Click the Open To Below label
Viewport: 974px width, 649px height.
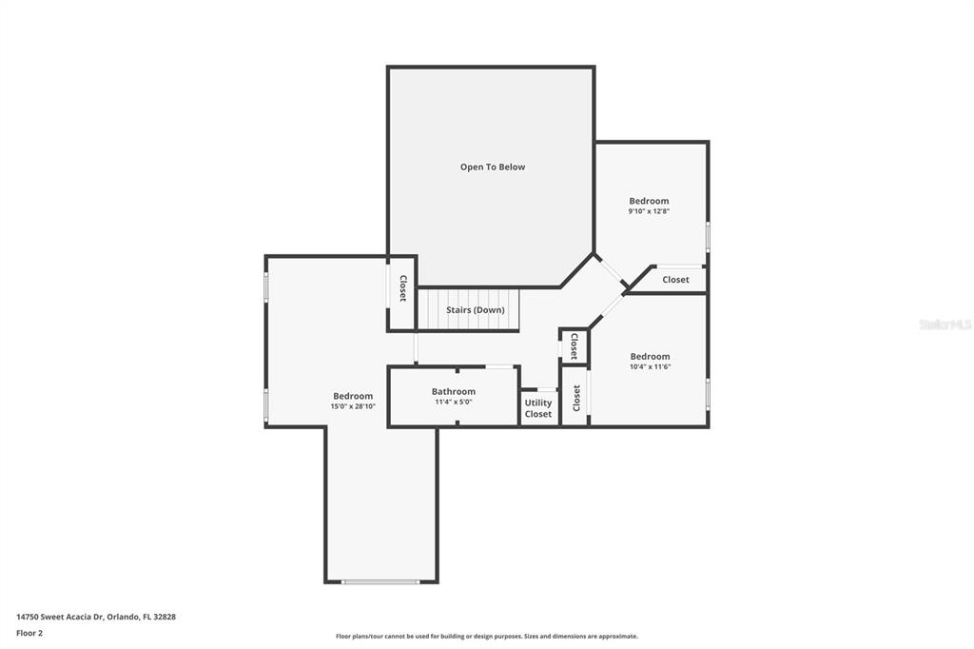pyautogui.click(x=493, y=167)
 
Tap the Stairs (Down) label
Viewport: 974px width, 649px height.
pyautogui.click(x=476, y=309)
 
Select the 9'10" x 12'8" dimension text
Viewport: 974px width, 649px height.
pyautogui.click(x=649, y=211)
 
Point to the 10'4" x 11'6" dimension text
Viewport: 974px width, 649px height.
pyautogui.click(x=650, y=366)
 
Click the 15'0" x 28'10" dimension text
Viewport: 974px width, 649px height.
pyautogui.click(x=353, y=406)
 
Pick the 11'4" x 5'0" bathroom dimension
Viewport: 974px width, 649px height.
pyautogui.click(x=454, y=403)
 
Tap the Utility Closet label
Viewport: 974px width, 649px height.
pyautogui.click(x=538, y=408)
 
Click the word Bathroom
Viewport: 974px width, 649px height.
pyautogui.click(x=454, y=392)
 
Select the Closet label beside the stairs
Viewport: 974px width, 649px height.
pyautogui.click(x=402, y=288)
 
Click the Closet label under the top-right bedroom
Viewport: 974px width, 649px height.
pyautogui.click(x=675, y=280)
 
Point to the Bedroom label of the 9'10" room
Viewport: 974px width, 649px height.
pyautogui.click(x=649, y=201)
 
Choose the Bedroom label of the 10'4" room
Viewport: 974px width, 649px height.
pyautogui.click(x=650, y=356)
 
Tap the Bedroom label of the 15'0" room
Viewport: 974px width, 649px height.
pyautogui.click(x=353, y=396)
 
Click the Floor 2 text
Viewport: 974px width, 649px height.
pyautogui.click(x=29, y=634)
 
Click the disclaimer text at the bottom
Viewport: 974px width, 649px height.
pyautogui.click(x=487, y=637)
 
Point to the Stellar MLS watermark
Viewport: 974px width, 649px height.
pyautogui.click(x=945, y=324)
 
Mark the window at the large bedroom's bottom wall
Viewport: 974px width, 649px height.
pyautogui.click(x=380, y=582)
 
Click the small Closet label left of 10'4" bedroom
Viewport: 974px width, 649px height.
pyautogui.click(x=574, y=346)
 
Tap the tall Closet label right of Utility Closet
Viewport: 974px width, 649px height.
pyautogui.click(x=575, y=398)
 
